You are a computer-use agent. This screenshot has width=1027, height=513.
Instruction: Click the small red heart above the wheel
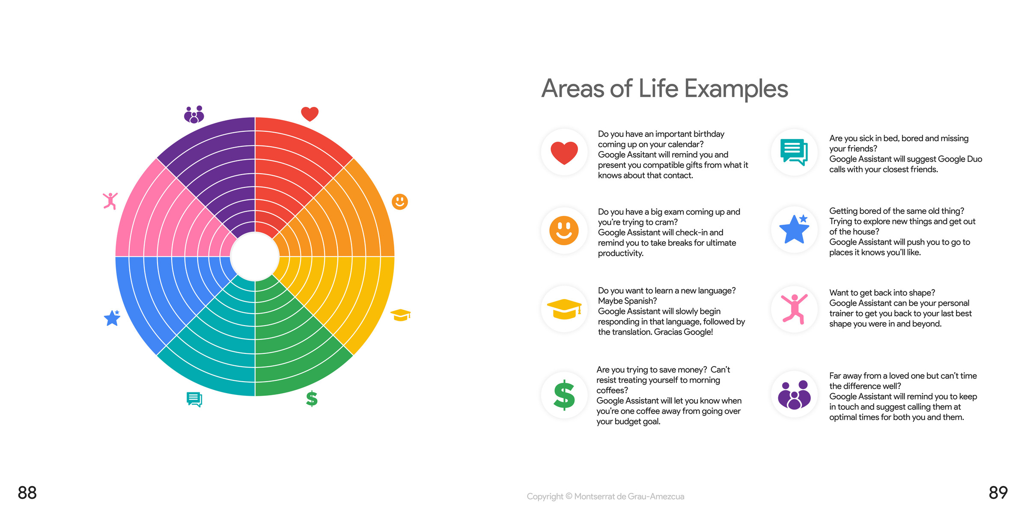tap(310, 114)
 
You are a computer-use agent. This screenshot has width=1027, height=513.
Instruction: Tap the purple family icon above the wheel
tap(194, 115)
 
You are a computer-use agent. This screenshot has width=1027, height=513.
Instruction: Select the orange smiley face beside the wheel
tap(400, 202)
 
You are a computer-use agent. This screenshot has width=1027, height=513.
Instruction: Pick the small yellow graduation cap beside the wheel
tap(401, 315)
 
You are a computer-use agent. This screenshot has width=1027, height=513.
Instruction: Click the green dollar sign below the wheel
tap(312, 398)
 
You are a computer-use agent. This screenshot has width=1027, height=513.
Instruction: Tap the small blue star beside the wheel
tap(112, 318)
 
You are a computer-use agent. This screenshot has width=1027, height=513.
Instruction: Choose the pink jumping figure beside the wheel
tap(110, 201)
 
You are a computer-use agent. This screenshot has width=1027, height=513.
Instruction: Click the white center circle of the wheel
tap(255, 257)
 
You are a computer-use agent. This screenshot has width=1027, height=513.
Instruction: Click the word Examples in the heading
tap(736, 89)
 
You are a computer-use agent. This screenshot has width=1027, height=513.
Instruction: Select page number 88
tap(27, 493)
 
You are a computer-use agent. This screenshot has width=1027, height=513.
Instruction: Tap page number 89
tap(998, 493)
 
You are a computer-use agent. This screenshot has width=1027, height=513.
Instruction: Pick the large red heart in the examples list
tap(564, 153)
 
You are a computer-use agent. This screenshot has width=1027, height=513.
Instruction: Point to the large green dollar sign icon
tap(564, 395)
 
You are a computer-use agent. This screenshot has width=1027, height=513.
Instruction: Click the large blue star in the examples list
tap(794, 229)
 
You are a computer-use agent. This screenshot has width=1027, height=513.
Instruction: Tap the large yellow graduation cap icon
tap(564, 309)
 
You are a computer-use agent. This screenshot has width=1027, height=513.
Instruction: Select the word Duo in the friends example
tap(974, 159)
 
